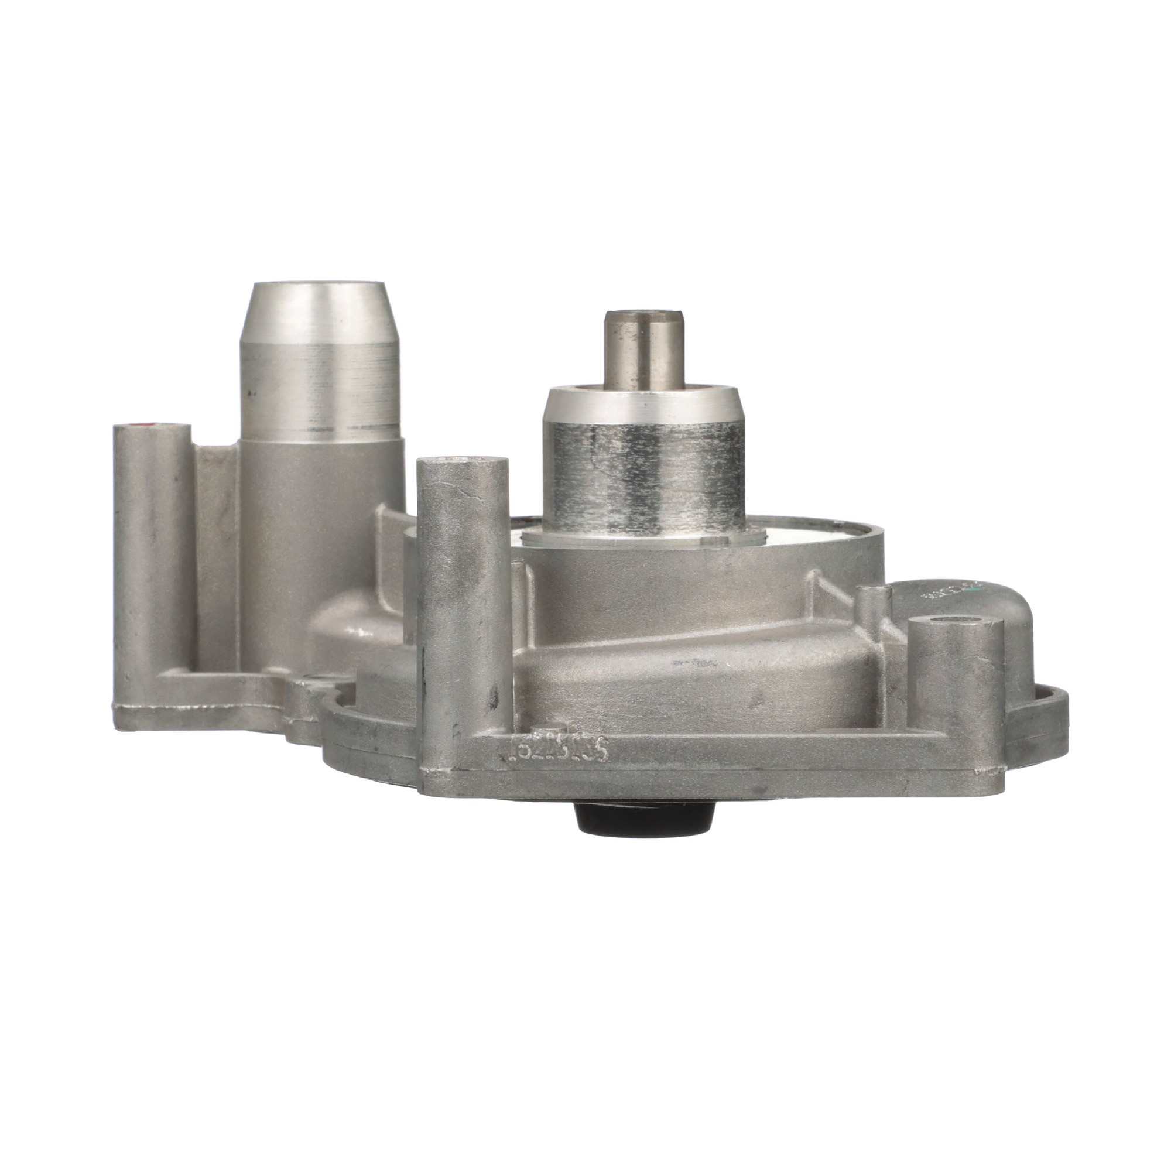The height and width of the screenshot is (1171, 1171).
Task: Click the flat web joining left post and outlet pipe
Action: (x=215, y=546)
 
